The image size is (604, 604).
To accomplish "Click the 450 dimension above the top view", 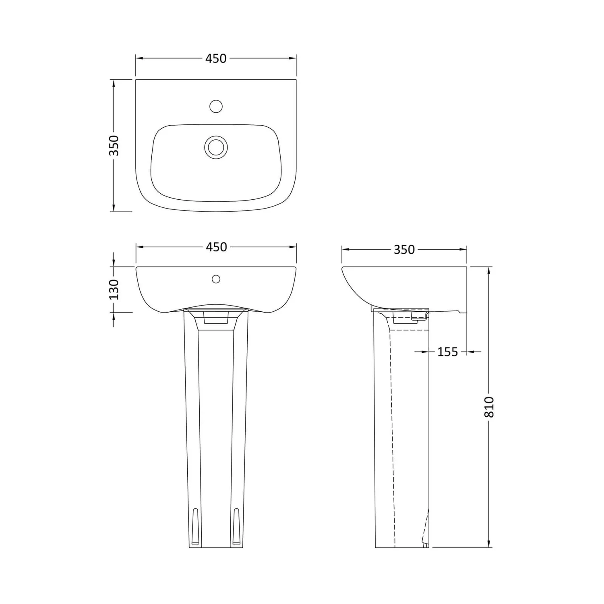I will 216,58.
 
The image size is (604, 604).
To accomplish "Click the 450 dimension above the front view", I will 216,247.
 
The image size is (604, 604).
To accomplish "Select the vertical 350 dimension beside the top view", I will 114,145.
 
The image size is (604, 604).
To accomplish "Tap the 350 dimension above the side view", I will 404,250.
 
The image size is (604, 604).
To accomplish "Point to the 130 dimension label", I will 114,289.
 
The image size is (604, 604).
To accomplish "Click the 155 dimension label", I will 448,352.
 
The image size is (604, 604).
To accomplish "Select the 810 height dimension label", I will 489,407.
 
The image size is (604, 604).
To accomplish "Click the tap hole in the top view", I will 216,106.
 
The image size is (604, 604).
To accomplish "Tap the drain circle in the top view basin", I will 216,147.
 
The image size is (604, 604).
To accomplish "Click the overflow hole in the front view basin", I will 216,279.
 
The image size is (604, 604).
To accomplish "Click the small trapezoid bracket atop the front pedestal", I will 216,319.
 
